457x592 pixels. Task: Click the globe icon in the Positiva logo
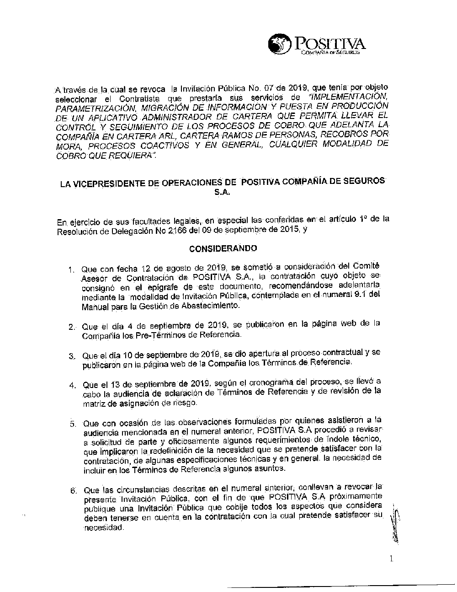pyautogui.click(x=280, y=45)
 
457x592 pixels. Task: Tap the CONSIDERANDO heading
pyautogui.click(x=223, y=248)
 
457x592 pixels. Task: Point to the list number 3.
pyautogui.click(x=71, y=356)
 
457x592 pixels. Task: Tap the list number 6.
pyautogui.click(x=72, y=491)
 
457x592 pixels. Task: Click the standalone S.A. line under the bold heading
pyautogui.click(x=223, y=193)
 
